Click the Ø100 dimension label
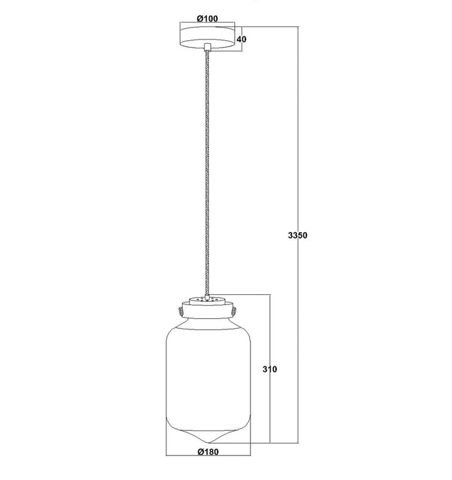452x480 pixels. click(207, 19)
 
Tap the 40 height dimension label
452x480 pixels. click(242, 39)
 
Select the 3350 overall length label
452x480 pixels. click(298, 235)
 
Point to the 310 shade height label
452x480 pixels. click(270, 369)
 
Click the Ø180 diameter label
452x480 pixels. click(208, 452)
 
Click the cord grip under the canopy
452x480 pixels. click(208, 47)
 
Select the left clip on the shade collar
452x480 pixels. click(180, 311)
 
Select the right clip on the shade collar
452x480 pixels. click(234, 311)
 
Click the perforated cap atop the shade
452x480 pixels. click(208, 300)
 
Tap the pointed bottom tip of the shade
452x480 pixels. click(208, 442)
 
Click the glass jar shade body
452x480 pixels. click(208, 380)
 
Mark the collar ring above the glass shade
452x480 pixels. click(207, 311)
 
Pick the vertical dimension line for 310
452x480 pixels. click(270, 368)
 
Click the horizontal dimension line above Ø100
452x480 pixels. click(207, 23)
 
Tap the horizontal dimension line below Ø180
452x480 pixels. click(208, 456)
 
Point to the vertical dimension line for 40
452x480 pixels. click(242, 39)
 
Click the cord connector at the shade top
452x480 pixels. click(208, 297)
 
